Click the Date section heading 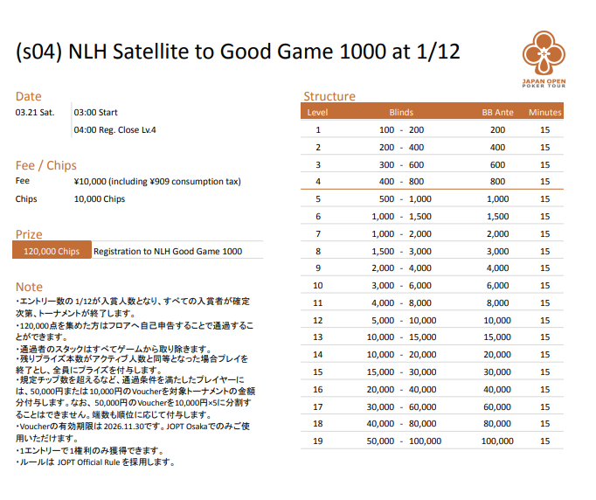[x=28, y=96]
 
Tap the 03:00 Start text [x=96, y=113]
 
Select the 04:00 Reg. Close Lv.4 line [x=115, y=129]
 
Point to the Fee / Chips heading [x=46, y=165]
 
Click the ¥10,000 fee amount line [x=157, y=182]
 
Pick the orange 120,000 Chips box [x=52, y=251]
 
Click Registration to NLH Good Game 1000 [x=168, y=251]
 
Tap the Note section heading [x=29, y=286]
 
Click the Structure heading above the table [x=329, y=96]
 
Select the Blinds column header [x=401, y=113]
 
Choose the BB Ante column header [x=497, y=113]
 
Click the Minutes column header [x=545, y=113]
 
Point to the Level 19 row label [x=318, y=441]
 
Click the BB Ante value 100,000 [x=497, y=441]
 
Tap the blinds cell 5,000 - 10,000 [x=401, y=320]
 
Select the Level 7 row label [x=318, y=233]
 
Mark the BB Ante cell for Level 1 [x=497, y=129]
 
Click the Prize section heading [x=30, y=234]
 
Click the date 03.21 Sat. [x=35, y=113]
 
